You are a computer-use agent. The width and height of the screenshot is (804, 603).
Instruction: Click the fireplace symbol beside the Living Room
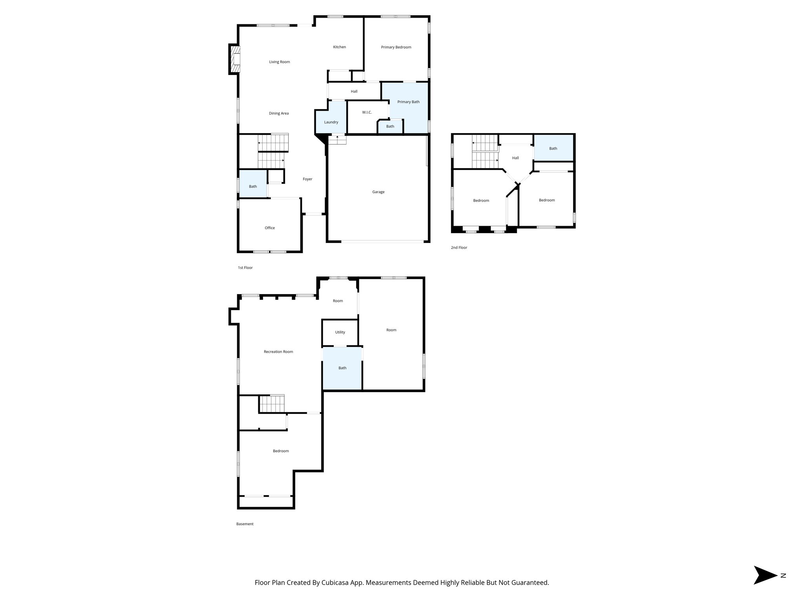click(235, 59)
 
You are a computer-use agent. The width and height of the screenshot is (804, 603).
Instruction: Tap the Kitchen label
click(340, 47)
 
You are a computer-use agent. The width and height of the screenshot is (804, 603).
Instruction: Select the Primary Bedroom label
click(396, 47)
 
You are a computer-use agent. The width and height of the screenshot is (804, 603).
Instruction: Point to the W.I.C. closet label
click(367, 113)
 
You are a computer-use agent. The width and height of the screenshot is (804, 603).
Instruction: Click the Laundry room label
click(331, 122)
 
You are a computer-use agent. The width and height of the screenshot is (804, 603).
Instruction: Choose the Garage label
click(378, 192)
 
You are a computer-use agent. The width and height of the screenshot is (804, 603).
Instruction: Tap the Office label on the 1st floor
click(270, 228)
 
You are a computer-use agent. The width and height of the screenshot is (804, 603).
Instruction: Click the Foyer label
click(307, 179)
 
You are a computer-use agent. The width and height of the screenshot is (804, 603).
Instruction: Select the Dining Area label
click(279, 113)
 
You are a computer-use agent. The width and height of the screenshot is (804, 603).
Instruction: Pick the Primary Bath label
click(408, 102)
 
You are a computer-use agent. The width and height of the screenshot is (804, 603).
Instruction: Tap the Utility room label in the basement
click(340, 332)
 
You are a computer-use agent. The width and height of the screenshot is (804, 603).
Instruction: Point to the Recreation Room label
click(278, 352)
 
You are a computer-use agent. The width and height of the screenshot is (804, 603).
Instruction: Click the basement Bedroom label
click(281, 451)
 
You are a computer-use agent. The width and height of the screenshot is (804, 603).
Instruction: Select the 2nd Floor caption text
click(459, 248)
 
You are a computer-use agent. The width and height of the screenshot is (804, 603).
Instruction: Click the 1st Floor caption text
click(245, 268)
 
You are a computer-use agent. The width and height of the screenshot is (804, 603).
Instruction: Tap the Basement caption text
click(245, 524)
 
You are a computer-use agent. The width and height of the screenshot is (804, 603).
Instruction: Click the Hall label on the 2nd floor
click(515, 158)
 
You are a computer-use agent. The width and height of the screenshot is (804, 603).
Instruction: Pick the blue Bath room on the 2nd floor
click(553, 148)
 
